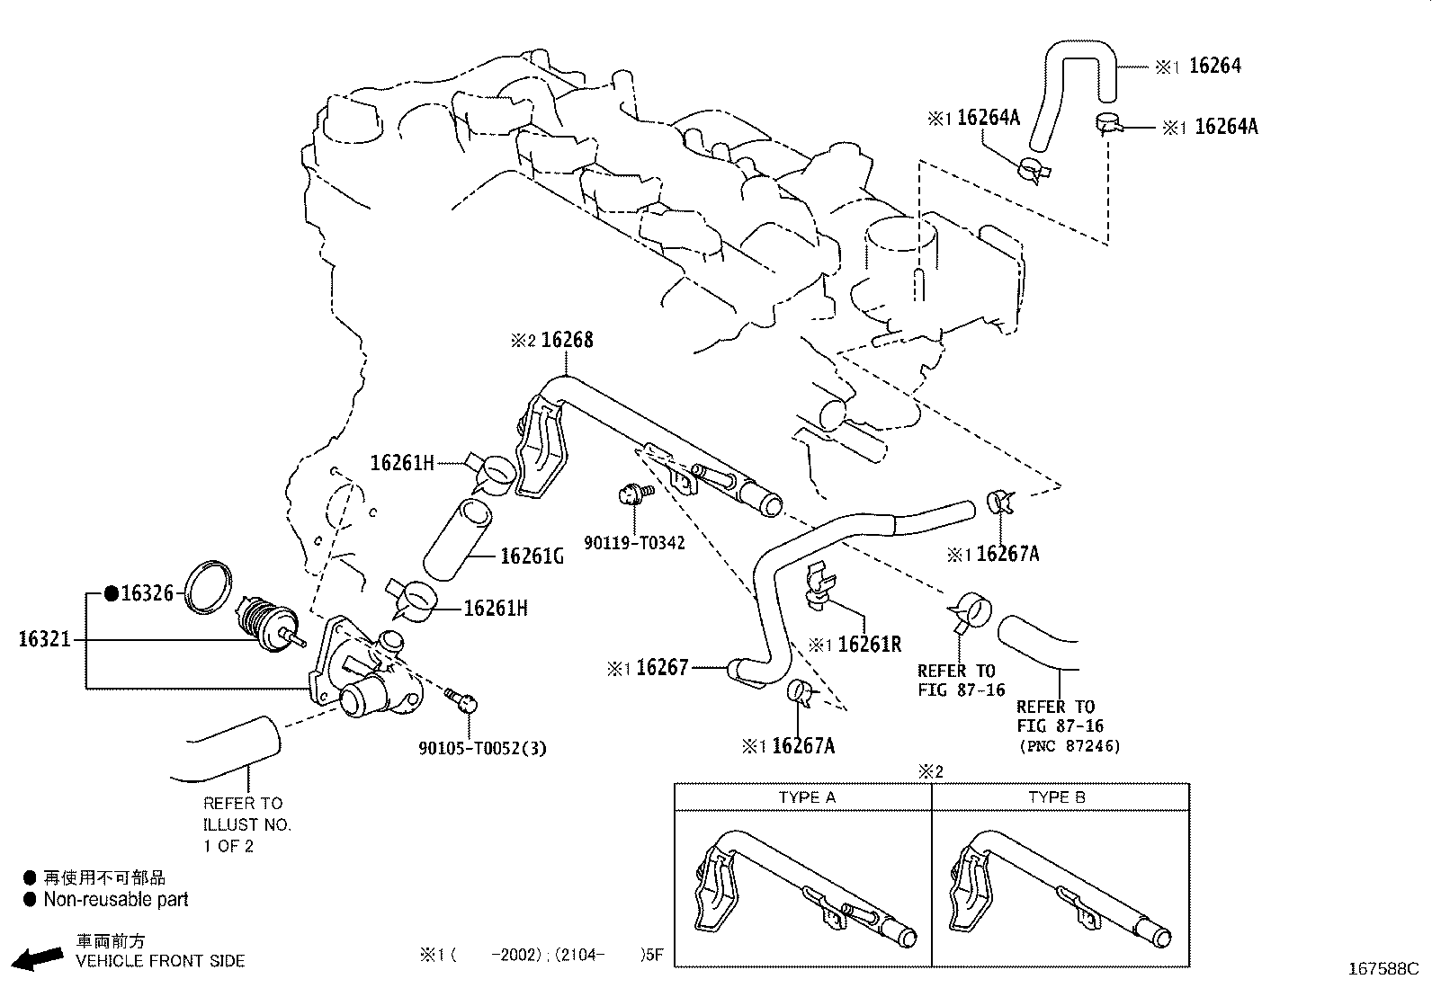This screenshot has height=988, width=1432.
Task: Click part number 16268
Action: [567, 340]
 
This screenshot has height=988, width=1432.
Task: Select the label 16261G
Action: [532, 556]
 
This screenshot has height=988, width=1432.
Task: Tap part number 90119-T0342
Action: [634, 543]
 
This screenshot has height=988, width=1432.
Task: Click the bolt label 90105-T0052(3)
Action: [482, 747]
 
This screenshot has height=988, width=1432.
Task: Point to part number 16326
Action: [147, 592]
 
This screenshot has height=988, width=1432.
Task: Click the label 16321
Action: [44, 639]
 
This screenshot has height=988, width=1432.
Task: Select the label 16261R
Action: [869, 645]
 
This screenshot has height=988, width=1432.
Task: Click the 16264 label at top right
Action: [1214, 65]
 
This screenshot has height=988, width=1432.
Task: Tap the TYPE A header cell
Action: [806, 797]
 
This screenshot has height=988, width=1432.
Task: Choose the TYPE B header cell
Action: [1057, 797]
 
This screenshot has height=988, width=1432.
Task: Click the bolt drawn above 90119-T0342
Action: [635, 493]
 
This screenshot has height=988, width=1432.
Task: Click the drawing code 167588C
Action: [1382, 969]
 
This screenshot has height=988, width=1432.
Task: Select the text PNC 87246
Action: [1070, 746]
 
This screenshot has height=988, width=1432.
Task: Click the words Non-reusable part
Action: [115, 899]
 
